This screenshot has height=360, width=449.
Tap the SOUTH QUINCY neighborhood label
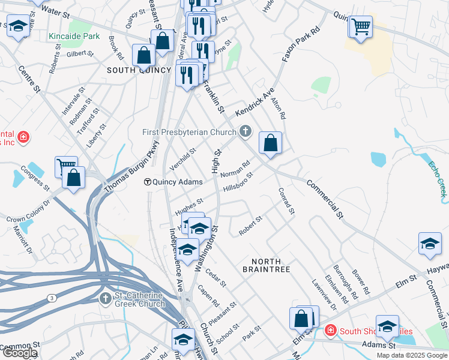point(131,70)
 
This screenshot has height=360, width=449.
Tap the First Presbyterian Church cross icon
point(245,131)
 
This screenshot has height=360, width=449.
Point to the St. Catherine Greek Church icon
point(106,298)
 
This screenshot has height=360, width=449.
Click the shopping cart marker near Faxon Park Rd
point(361,26)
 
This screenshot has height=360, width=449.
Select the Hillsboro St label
point(238,182)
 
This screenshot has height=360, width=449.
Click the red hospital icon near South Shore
point(330,330)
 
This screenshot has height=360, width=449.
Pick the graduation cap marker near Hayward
point(430,244)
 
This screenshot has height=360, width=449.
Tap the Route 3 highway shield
point(52,298)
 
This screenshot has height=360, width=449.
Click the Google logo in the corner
point(20,353)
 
